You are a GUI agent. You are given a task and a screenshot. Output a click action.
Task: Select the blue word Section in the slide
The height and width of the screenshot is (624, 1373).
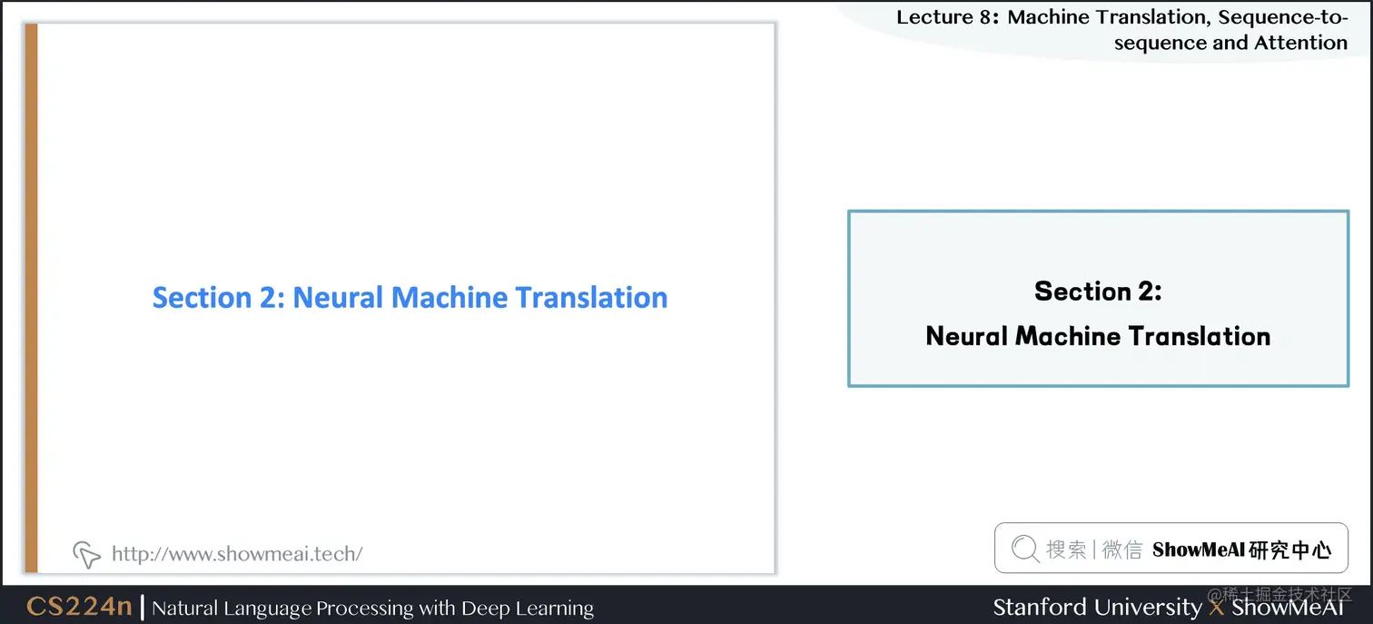click(x=202, y=297)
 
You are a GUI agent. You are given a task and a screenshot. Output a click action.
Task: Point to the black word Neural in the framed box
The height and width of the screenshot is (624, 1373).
click(x=966, y=336)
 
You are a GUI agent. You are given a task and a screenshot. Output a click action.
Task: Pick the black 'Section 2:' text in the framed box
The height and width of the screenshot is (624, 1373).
click(x=1098, y=291)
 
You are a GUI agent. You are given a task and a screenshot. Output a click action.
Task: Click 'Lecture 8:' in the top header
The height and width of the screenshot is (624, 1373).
click(x=947, y=16)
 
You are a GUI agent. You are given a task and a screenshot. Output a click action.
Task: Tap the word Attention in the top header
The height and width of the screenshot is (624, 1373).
click(x=1300, y=42)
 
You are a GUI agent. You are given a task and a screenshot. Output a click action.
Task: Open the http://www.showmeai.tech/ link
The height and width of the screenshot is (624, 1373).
click(x=237, y=553)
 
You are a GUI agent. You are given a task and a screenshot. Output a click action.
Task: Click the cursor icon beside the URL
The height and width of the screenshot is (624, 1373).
click(x=86, y=553)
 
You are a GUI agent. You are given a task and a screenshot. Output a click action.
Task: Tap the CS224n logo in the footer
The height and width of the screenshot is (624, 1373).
click(x=79, y=607)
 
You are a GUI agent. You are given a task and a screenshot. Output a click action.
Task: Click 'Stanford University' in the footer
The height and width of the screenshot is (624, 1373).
click(x=1097, y=607)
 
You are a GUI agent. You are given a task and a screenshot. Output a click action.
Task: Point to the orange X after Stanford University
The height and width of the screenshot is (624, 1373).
click(x=1217, y=607)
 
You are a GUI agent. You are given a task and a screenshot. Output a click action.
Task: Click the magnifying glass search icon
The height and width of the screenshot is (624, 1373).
click(x=1024, y=548)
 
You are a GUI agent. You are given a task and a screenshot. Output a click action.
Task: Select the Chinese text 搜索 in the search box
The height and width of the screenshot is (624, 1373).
click(x=1066, y=549)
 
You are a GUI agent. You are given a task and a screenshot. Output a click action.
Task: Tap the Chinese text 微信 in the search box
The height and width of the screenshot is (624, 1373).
click(x=1122, y=549)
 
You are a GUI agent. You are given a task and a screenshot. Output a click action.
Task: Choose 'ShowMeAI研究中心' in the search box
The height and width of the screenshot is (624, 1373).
click(x=1241, y=549)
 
